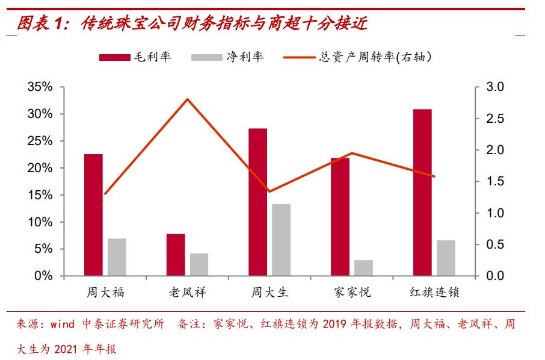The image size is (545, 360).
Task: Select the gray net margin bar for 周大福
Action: point(117,257)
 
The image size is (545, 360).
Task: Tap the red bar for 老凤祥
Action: point(176,255)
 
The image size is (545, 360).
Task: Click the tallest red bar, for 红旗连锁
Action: point(422,193)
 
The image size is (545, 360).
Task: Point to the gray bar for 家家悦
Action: point(363,268)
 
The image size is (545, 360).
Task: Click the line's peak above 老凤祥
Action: point(188,99)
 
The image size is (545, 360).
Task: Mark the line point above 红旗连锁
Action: point(434,176)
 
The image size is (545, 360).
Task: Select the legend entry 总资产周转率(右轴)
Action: point(361,57)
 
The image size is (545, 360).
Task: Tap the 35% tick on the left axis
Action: point(40,87)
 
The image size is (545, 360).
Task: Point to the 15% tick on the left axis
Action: point(40,195)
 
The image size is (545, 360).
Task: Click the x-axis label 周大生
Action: point(269,293)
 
